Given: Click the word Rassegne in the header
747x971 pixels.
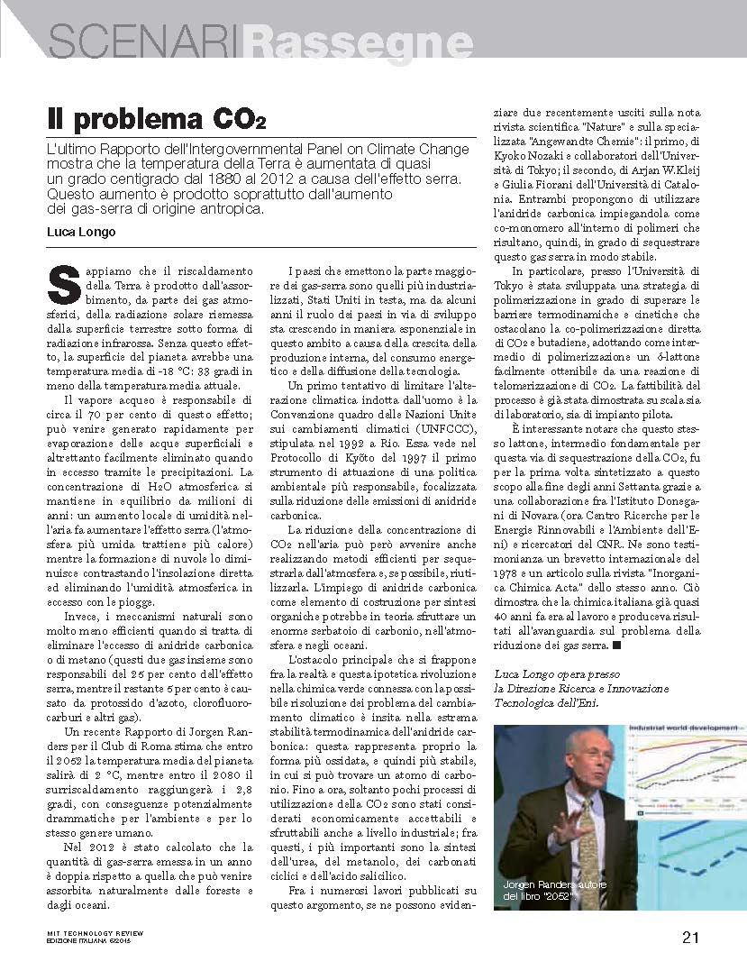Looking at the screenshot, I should pos(360,41).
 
